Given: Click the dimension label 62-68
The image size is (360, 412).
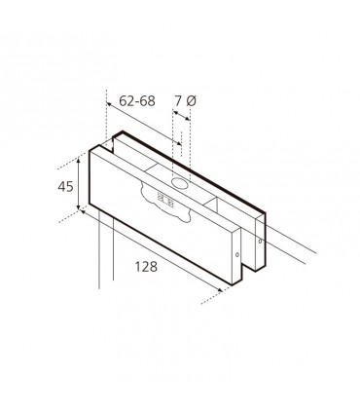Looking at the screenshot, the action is (x=137, y=101).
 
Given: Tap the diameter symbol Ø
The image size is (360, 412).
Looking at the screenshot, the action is (x=192, y=101).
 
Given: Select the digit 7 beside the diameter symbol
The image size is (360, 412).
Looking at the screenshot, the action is (x=178, y=101).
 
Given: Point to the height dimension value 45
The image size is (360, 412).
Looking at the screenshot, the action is (x=65, y=187).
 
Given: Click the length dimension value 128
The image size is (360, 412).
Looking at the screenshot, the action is (x=146, y=267).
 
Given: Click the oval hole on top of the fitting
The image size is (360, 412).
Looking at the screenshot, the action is (x=180, y=183).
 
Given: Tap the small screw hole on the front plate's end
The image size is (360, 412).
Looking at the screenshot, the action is (x=237, y=255).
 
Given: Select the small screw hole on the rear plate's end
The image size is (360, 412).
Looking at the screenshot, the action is (x=260, y=242).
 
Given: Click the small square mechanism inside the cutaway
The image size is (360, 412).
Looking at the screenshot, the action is (x=165, y=200).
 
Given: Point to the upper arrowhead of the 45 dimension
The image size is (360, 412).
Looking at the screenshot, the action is (x=79, y=159).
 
